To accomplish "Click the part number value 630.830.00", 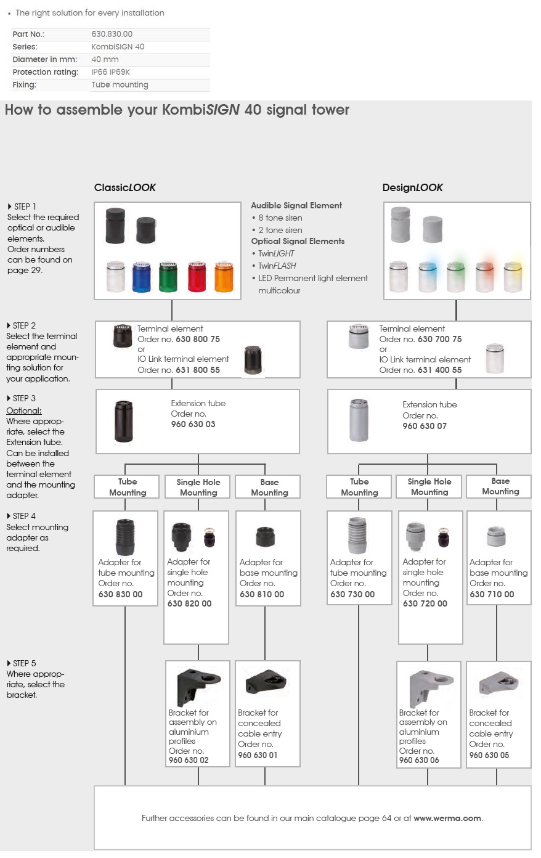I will point(112,35).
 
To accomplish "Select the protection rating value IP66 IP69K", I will point(110,72).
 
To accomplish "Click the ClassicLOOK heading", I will point(125,187).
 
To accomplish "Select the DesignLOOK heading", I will point(412,187).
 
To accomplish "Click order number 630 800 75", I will point(197,339).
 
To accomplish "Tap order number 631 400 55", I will point(439,370).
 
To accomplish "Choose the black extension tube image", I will point(124,421).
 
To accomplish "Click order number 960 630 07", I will point(425,426).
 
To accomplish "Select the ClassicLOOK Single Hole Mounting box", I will point(198,487).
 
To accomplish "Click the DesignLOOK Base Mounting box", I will point(500,486).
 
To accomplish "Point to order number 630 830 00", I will point(120,594).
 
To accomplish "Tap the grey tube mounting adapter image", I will point(357,536).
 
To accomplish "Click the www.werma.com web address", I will point(447,818).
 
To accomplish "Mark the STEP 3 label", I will point(23,398).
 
